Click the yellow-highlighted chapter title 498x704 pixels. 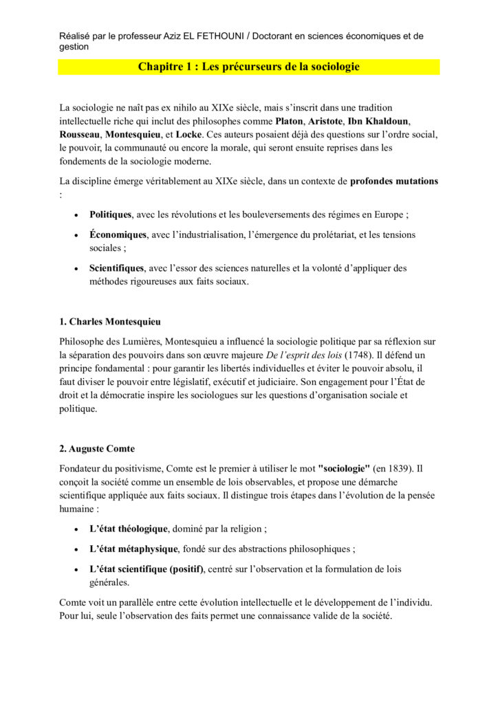click(x=249, y=67)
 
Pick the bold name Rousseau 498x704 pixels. click(x=80, y=134)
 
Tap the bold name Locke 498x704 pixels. click(x=189, y=134)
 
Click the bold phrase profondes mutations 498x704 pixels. click(x=394, y=181)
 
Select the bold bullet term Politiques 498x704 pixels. click(x=111, y=214)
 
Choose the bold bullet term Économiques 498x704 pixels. click(x=118, y=234)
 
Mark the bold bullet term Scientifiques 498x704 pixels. click(x=117, y=267)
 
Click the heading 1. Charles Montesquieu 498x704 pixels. click(x=111, y=321)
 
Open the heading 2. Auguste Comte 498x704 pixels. click(x=97, y=449)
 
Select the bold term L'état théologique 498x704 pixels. click(x=129, y=529)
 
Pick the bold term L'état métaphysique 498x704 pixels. click(x=134, y=549)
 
